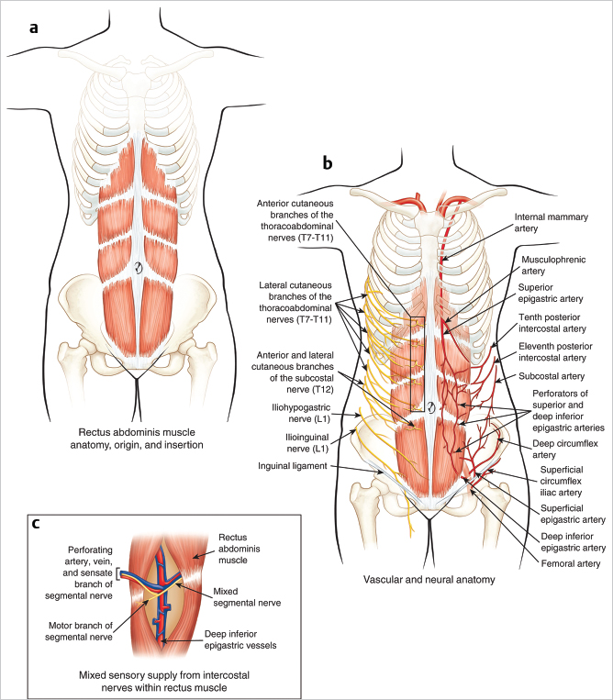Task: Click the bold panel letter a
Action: click(x=34, y=28)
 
